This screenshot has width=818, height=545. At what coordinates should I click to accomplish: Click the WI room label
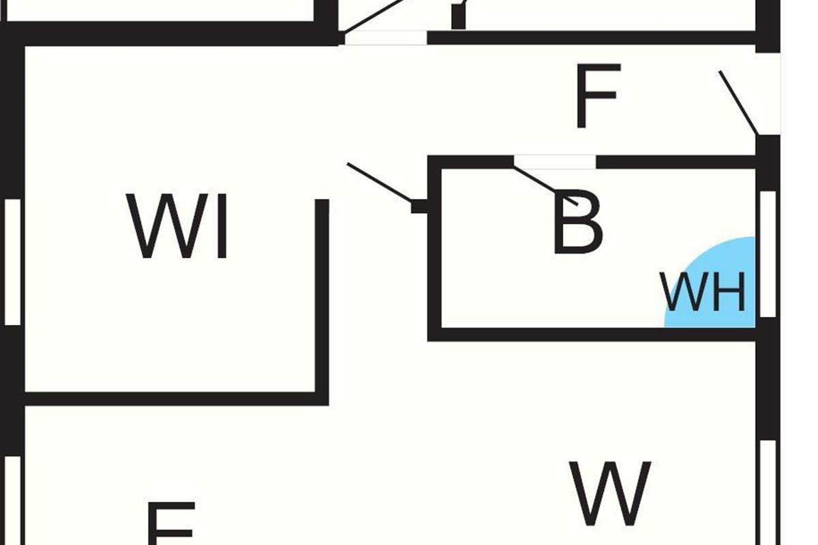(179, 227)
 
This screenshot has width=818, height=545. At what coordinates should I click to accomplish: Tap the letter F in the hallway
(598, 96)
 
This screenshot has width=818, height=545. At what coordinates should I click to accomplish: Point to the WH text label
(703, 293)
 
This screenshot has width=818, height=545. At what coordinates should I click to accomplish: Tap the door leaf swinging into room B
(546, 186)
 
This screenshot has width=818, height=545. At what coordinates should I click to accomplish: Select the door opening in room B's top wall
(554, 162)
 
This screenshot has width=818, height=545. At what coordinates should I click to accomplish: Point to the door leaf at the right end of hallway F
(738, 102)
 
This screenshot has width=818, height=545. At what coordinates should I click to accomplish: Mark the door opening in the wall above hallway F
(386, 37)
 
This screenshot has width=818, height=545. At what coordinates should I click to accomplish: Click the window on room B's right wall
(768, 253)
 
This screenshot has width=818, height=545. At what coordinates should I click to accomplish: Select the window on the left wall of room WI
(13, 262)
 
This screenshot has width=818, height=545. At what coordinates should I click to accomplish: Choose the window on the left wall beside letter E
(13, 501)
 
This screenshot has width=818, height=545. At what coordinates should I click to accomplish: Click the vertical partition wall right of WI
(322, 300)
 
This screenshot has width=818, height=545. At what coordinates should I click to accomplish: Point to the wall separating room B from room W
(593, 334)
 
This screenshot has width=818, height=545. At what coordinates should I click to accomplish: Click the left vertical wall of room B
(435, 272)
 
